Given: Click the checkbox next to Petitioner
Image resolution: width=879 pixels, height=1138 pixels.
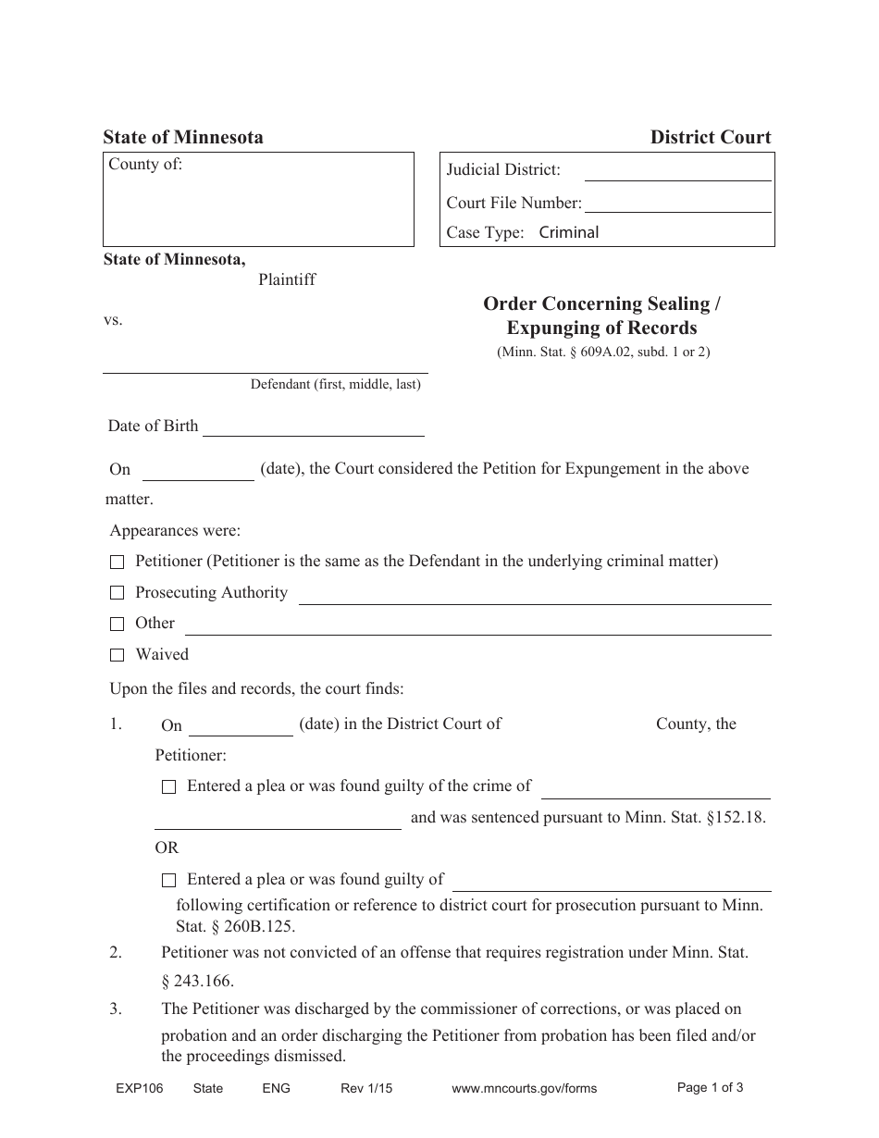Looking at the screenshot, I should coord(117,563).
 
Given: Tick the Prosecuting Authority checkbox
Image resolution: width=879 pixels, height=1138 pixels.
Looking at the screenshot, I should coord(117,593).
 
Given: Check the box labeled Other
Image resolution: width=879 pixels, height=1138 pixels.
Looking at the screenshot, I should coord(117,625).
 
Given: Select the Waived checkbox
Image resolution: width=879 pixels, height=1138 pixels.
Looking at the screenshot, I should coord(117,655).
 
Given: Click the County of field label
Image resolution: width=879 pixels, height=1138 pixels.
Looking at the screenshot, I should coord(145,165).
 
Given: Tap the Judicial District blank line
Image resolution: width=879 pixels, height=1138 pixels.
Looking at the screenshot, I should coord(677,171).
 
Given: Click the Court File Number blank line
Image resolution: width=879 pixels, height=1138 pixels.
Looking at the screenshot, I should coord(677,204).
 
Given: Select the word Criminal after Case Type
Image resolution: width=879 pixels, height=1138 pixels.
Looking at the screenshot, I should coord(568,233).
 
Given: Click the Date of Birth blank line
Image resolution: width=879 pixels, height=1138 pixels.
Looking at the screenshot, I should coord(313,427).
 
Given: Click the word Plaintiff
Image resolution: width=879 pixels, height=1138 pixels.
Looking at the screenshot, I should coord(287,279).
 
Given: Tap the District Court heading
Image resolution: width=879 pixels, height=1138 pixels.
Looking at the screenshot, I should coord(710,138).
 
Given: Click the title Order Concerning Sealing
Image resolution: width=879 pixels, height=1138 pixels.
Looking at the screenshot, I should coord(601,304).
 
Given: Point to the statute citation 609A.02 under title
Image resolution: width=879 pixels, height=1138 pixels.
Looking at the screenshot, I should coord(603,352).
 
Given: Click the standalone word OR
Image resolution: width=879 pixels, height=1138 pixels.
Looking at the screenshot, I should coord(167,847).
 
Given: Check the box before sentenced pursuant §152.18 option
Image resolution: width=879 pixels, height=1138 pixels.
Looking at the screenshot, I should coord(168,787).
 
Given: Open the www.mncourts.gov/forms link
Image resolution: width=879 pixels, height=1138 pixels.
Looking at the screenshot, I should coord(524,1089).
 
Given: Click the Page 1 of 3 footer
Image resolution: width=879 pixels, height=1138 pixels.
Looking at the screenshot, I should coord(710,1088).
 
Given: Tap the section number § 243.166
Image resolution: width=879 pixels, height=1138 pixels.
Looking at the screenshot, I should coord(197,981).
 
